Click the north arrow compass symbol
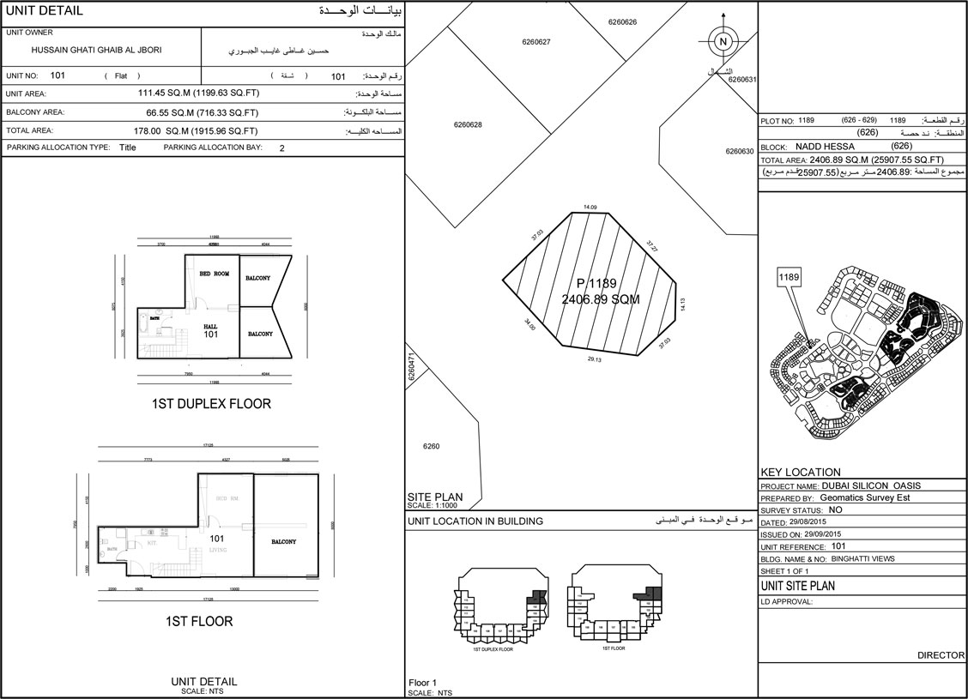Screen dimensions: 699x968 (723, 42)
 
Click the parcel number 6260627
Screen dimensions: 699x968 (535, 42)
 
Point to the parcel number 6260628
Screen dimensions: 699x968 (468, 125)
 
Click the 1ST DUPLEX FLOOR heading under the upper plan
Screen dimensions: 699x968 (211, 403)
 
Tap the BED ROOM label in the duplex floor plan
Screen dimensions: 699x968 (215, 274)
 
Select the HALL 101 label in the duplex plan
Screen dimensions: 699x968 (211, 330)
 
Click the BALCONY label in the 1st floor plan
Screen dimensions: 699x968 (284, 542)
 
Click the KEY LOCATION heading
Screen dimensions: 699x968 (801, 472)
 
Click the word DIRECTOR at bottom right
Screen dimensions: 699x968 (941, 655)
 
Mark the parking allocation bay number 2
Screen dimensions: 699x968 (281, 148)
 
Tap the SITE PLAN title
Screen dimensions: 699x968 (435, 496)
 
